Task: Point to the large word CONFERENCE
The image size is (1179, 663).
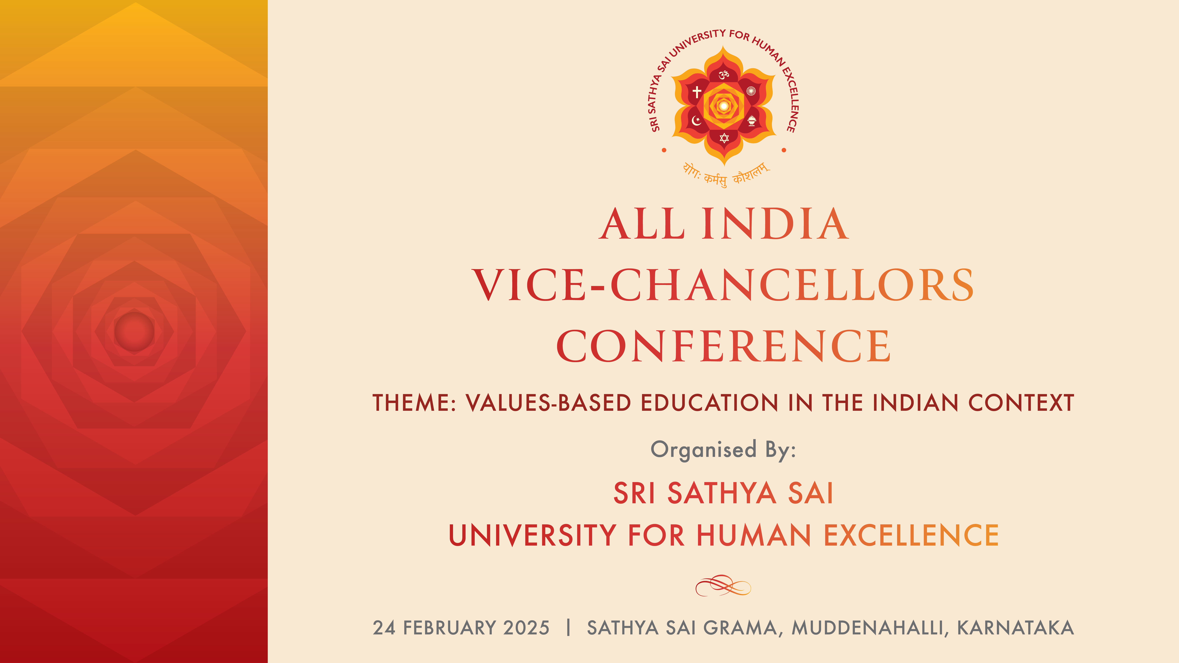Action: coord(723,346)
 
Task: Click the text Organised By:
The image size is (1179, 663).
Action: coord(723,450)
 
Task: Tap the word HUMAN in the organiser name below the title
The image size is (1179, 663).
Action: coord(754,535)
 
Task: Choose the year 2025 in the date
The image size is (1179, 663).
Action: coord(526,628)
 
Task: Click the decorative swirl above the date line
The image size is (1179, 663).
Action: coord(723,586)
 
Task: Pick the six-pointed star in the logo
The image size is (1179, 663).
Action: coord(724,138)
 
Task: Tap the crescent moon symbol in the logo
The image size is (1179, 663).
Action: coord(696,121)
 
